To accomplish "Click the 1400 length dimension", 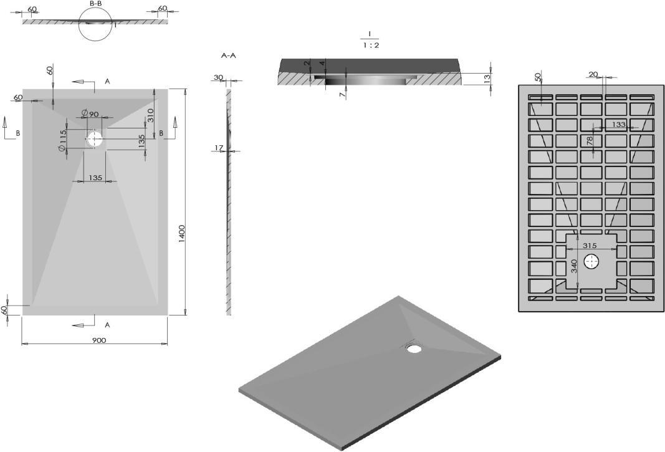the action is click(x=181, y=233).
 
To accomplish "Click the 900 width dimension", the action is click(x=98, y=340).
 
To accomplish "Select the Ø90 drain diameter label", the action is click(x=90, y=113).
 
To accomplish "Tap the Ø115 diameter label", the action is click(x=63, y=140).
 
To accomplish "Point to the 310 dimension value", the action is click(x=150, y=115).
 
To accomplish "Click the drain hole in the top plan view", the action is click(x=95, y=139).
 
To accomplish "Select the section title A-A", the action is click(x=229, y=55).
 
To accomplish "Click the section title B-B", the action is click(x=95, y=3).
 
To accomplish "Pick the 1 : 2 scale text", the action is click(x=371, y=46).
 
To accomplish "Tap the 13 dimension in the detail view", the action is click(x=487, y=78).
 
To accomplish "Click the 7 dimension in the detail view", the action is click(x=342, y=94).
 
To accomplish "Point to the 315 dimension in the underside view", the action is click(x=590, y=245).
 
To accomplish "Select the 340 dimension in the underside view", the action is click(x=574, y=266).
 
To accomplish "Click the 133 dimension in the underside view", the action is click(x=619, y=124).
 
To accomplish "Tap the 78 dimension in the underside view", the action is click(x=590, y=140).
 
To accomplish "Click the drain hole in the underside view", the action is click(x=591, y=262).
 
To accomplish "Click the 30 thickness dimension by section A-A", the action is click(x=218, y=77).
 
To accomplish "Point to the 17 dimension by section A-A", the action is click(x=218, y=148).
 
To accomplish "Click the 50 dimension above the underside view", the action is click(x=538, y=77).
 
